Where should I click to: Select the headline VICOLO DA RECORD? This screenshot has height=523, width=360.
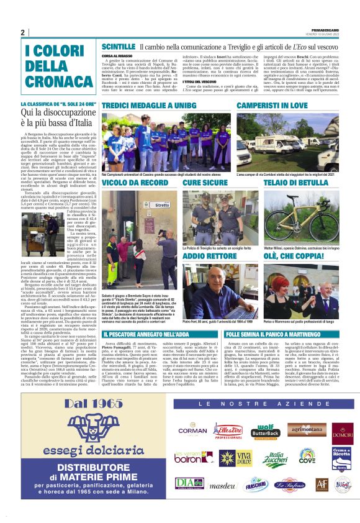[x=135, y=183]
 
